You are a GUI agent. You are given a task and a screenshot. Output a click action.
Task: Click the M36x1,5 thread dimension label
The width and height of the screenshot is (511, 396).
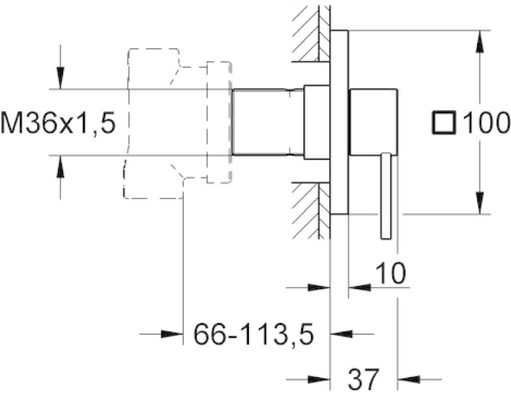point(58,122)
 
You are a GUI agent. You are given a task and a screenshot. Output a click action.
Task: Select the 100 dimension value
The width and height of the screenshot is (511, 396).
point(486,122)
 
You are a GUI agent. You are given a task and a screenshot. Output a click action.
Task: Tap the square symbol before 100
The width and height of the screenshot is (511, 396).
point(443,122)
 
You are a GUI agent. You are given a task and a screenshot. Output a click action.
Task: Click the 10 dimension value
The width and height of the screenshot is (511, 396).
point(391,273)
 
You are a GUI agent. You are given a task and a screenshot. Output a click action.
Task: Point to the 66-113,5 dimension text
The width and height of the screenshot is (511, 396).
point(254,334)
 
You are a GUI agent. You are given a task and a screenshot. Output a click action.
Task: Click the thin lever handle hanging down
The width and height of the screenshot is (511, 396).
point(386,196)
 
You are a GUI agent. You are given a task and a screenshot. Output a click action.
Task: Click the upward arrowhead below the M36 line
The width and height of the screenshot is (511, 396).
point(60,167)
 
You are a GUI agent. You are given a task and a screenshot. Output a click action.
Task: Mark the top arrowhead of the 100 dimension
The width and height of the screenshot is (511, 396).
point(480,42)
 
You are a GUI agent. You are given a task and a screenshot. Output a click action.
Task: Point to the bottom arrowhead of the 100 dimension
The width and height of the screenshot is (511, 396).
point(480,203)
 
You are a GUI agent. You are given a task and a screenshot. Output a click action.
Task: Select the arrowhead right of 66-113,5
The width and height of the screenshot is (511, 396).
point(342,334)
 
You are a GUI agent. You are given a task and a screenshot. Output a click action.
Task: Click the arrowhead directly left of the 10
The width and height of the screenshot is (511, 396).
point(360,288)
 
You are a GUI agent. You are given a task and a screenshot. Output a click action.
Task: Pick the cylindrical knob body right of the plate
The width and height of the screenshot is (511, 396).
point(373,122)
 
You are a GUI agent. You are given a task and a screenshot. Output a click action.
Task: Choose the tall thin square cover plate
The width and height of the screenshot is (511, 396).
point(339,122)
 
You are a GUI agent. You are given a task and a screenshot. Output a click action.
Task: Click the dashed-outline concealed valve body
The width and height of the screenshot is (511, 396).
point(177,123)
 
